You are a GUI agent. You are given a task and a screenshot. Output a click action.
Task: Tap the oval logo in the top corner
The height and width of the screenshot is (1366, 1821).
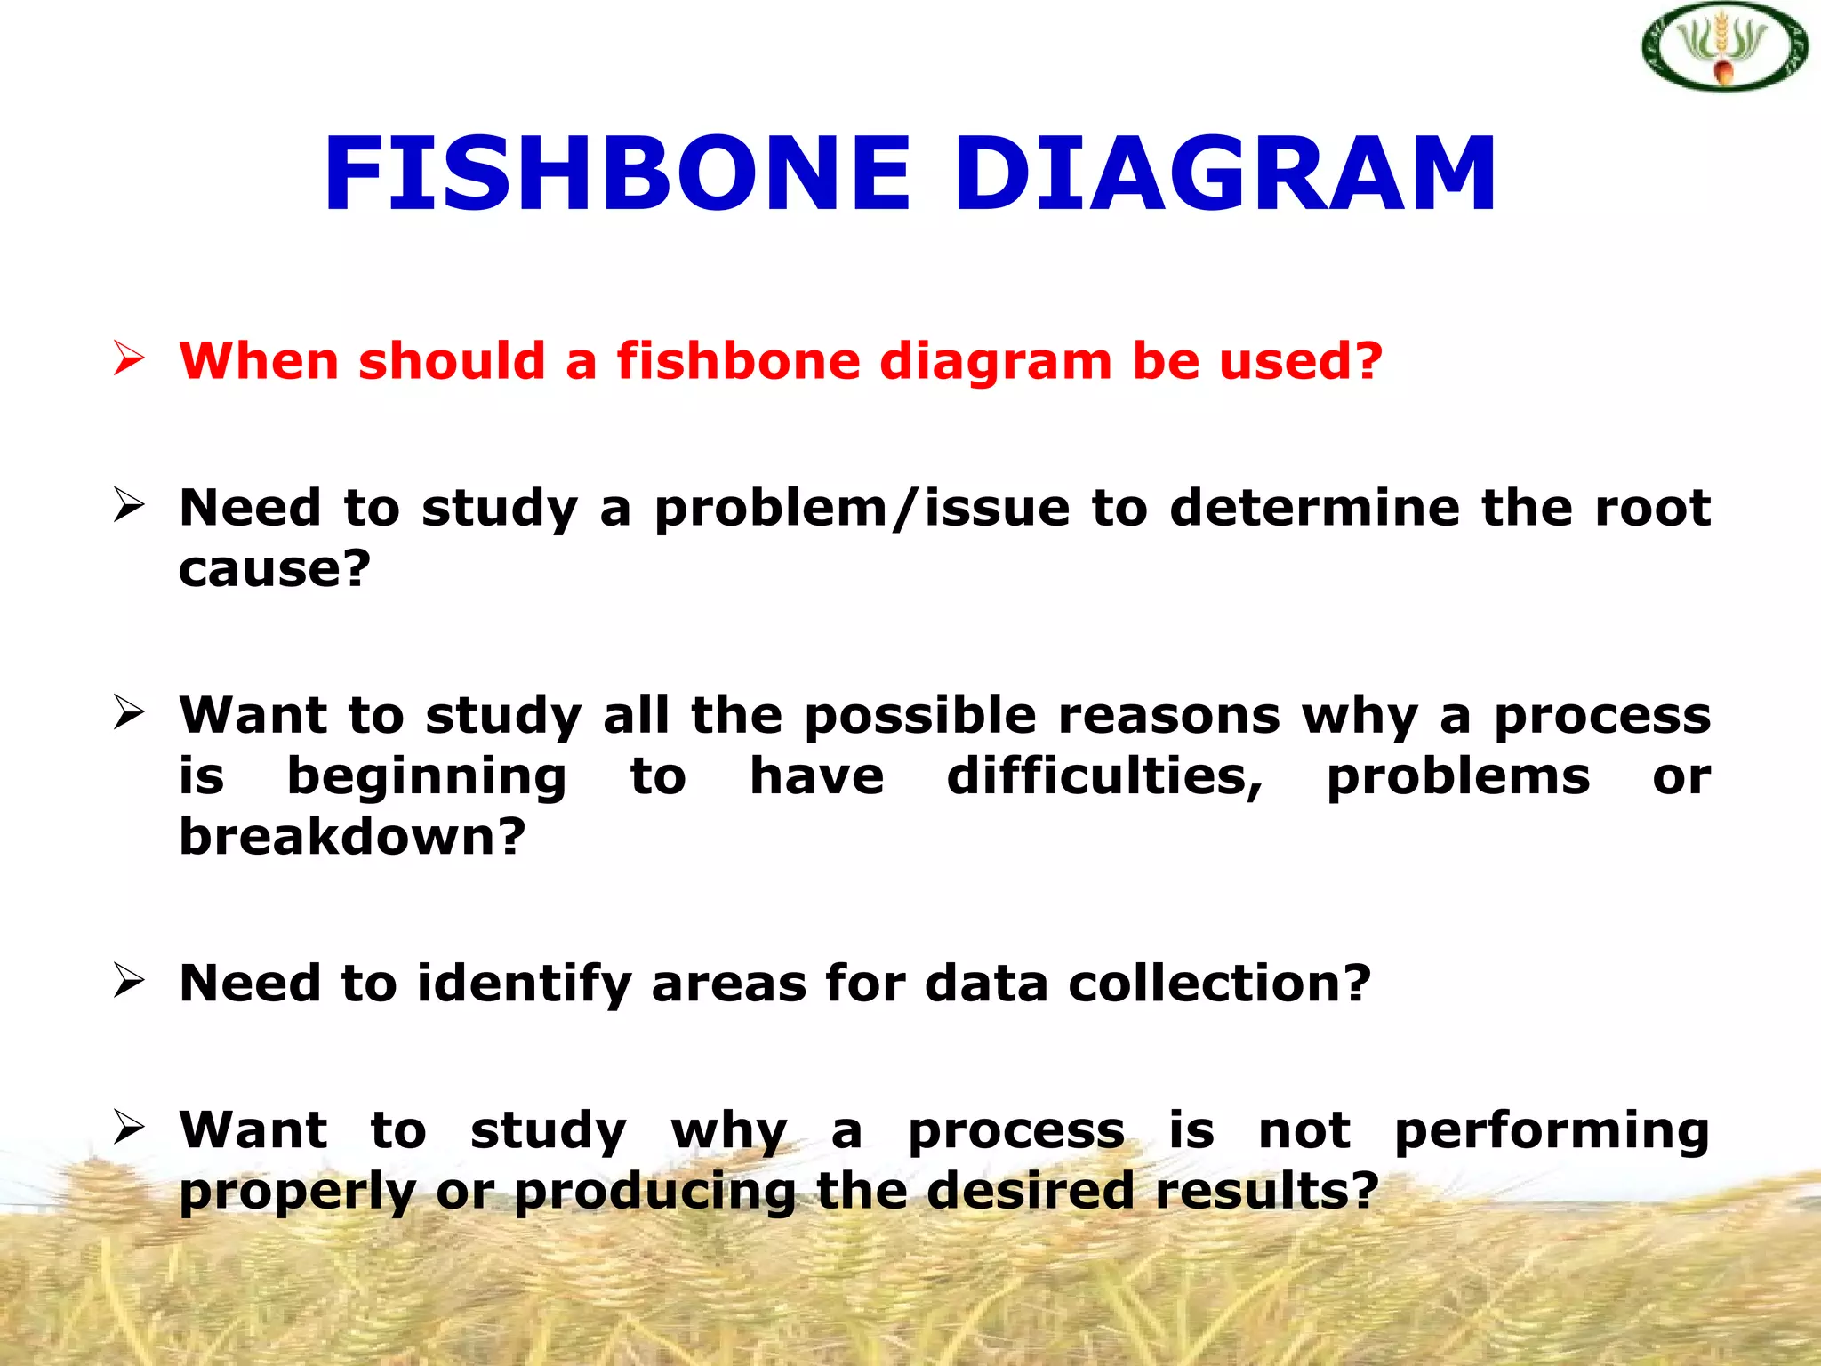1724,48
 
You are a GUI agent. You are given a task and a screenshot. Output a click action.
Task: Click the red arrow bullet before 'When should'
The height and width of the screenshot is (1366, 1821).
129,359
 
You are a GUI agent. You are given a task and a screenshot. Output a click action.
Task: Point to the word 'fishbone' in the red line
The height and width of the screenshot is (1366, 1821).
738,361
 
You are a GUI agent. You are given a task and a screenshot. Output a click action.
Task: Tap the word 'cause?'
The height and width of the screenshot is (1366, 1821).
274,569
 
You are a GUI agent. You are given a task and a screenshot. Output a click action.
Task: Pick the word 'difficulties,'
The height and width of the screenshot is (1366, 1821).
1104,777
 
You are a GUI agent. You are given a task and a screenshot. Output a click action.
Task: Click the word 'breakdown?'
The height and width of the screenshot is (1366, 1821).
353,838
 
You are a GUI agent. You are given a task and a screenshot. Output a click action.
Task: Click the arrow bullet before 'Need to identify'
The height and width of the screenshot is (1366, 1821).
129,981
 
